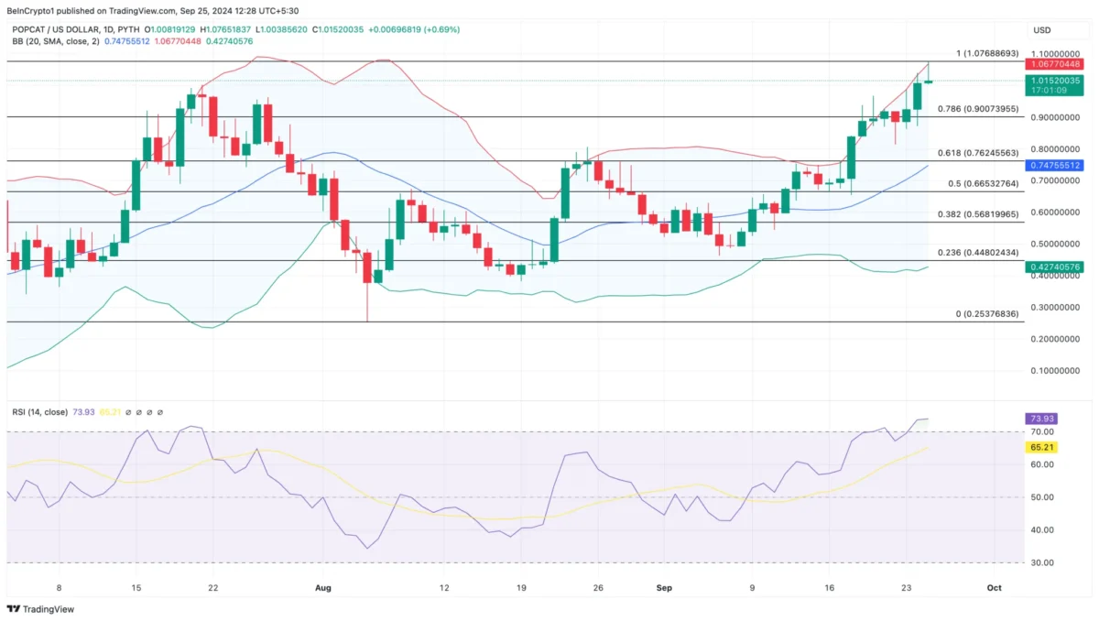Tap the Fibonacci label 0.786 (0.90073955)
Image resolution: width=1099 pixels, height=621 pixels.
point(978,109)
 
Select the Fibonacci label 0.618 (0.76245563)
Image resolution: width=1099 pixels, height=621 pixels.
point(978,153)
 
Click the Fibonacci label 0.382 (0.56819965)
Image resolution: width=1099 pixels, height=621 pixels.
point(978,214)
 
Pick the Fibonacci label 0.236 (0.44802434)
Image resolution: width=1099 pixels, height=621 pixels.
point(978,253)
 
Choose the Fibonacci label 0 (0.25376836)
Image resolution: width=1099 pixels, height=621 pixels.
point(987,314)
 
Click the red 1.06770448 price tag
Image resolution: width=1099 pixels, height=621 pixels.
point(1055,64)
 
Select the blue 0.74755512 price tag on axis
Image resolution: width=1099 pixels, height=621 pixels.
point(1055,166)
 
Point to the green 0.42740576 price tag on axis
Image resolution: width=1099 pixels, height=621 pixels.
point(1055,267)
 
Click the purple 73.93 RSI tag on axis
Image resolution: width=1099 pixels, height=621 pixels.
point(1042,419)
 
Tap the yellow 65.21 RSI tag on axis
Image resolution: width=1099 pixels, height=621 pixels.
point(1042,447)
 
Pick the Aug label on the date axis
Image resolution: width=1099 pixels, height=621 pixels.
point(321,586)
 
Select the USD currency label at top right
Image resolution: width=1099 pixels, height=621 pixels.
point(1042,30)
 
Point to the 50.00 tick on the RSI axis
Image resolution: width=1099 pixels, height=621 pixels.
point(1042,497)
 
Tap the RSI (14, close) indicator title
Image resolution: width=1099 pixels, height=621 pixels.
point(39,412)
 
